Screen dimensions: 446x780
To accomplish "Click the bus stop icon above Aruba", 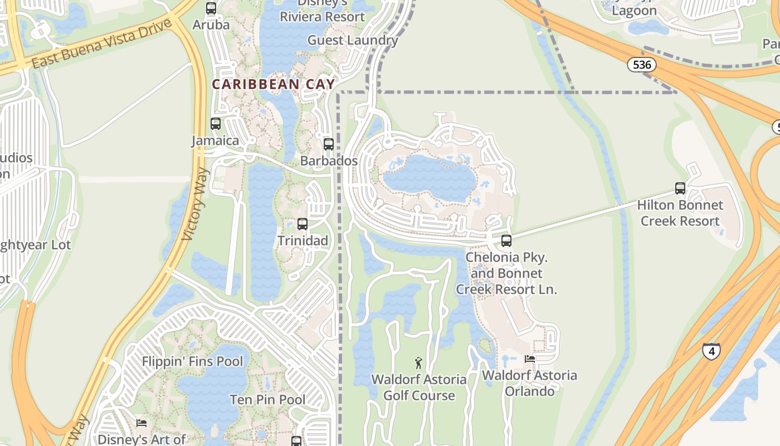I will click(211, 8).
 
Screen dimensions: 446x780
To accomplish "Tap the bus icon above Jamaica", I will click(216, 124).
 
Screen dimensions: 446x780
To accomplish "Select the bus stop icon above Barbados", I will click(329, 144).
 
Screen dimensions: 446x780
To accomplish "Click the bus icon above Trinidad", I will click(303, 224).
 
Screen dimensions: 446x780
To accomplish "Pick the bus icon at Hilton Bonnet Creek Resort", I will click(680, 188).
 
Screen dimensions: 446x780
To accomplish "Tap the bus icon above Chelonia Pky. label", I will click(506, 241).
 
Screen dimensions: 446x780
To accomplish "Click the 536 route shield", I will click(642, 65).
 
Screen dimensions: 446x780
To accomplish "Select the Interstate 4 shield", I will click(711, 351).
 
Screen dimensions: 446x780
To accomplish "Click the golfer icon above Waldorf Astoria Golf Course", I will click(419, 363).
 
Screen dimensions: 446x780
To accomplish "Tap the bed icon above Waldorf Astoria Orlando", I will click(529, 359).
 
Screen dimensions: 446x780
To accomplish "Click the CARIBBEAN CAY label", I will click(274, 84).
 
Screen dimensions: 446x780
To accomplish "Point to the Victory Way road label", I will click(196, 203).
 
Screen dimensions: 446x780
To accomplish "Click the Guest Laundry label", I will click(353, 40).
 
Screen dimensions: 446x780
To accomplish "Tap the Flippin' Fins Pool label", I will click(192, 361).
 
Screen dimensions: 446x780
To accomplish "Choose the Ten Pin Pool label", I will click(267, 400).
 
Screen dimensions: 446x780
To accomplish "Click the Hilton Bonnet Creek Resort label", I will click(680, 213).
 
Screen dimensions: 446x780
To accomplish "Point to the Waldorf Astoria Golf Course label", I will click(419, 387).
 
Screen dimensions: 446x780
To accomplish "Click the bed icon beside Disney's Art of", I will click(142, 423).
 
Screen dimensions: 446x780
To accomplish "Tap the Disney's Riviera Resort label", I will click(322, 11).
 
